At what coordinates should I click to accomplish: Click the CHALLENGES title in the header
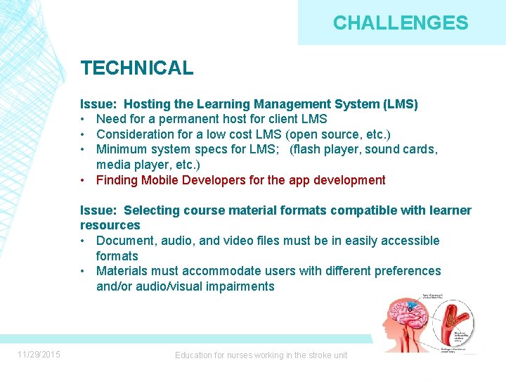click(400, 23)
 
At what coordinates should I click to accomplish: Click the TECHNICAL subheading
click(136, 68)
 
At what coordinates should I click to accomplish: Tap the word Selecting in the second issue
click(154, 210)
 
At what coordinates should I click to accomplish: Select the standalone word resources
click(110, 225)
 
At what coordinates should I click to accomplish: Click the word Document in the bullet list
click(123, 241)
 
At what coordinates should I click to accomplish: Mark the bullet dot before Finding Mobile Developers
click(84, 180)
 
